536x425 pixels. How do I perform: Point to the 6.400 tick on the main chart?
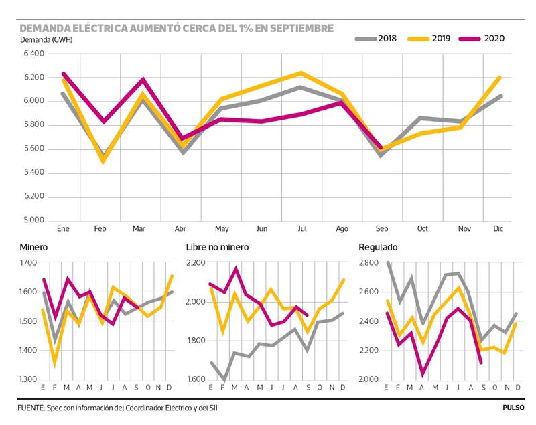(33, 54)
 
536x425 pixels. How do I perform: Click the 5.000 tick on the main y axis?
(33, 220)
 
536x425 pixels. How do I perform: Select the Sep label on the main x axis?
(382, 229)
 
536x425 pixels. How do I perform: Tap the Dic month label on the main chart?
(499, 229)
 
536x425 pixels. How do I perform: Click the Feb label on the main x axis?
(100, 229)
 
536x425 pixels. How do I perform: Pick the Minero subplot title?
(33, 247)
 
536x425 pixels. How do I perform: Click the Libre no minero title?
(217, 247)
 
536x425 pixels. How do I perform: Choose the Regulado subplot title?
(379, 247)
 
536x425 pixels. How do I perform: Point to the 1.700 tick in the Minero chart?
(29, 262)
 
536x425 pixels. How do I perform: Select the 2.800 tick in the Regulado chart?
(370, 262)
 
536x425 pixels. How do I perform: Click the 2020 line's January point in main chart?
(64, 74)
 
